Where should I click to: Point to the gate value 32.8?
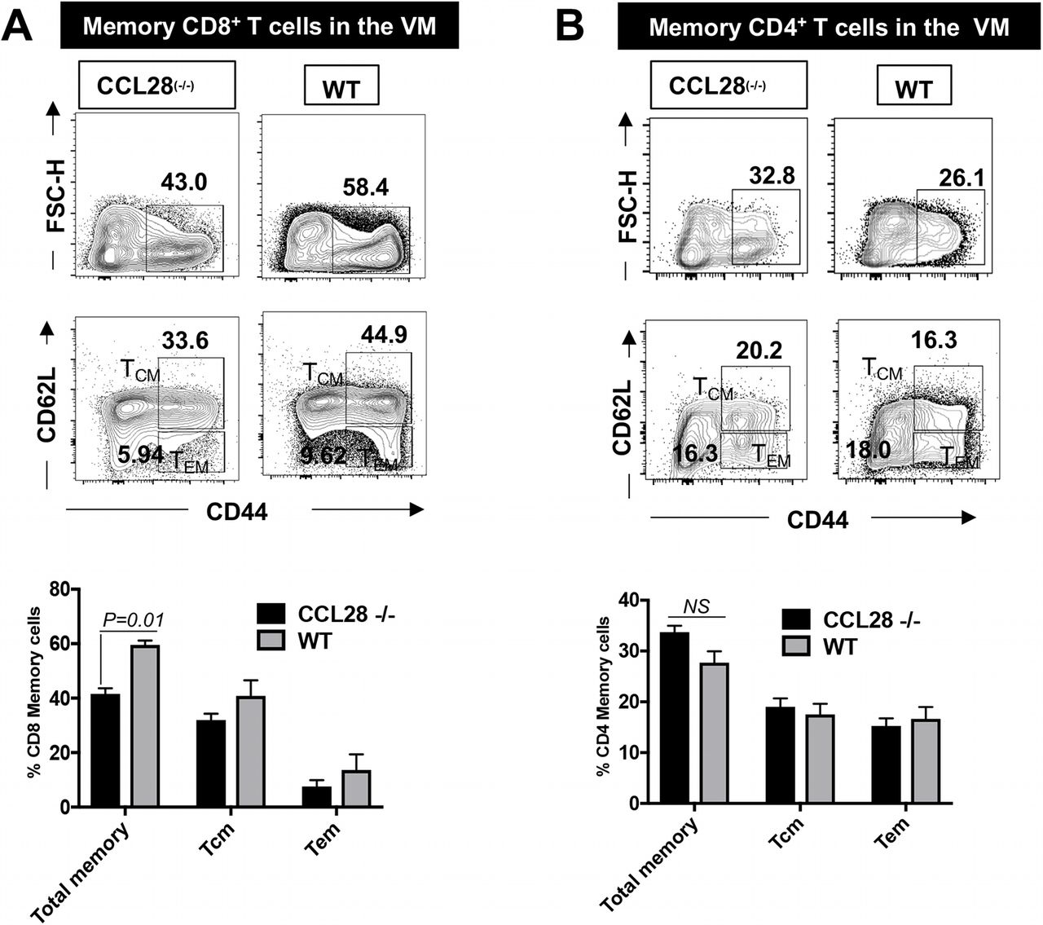point(769,173)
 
